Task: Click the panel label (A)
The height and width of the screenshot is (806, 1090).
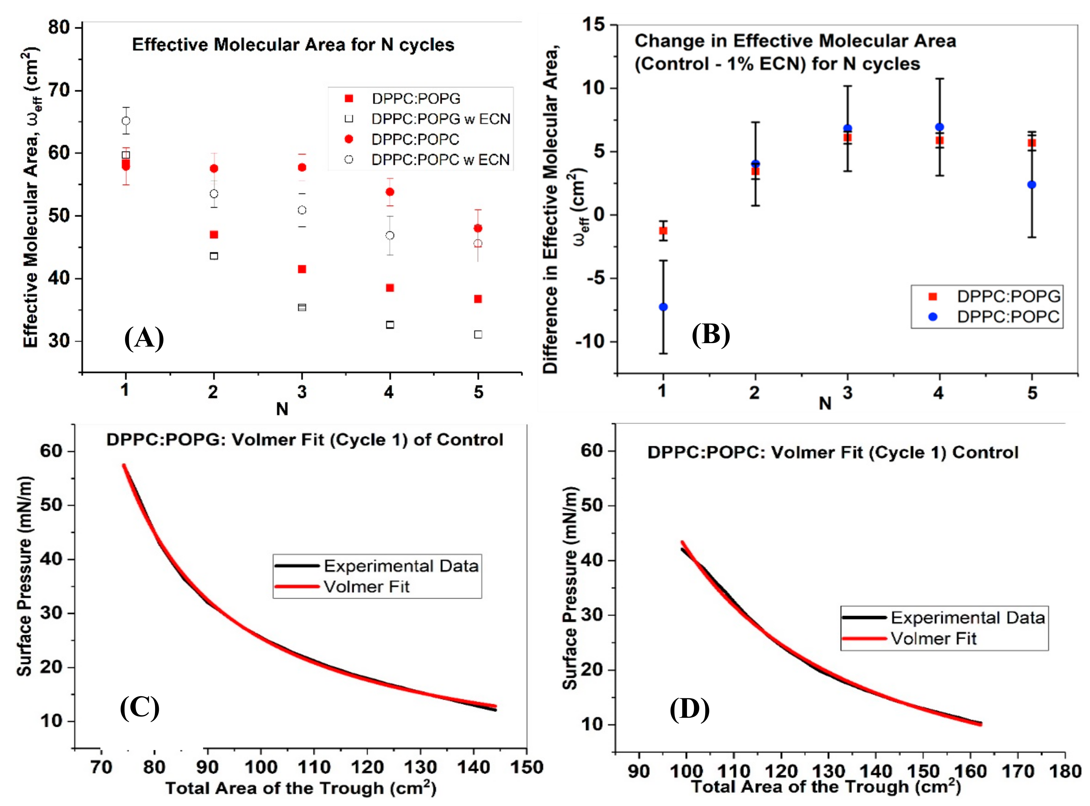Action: point(144,338)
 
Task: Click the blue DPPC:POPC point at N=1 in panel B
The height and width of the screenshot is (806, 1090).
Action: point(663,307)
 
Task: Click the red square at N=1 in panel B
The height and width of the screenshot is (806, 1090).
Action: point(663,231)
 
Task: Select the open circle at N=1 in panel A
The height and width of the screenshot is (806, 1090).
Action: point(126,120)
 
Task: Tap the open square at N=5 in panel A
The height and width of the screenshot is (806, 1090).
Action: point(478,335)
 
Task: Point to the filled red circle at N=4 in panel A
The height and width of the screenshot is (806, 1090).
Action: point(390,192)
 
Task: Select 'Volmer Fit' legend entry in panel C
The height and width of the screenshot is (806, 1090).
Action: point(366,586)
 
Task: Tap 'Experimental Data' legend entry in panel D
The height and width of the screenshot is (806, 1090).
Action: point(967,618)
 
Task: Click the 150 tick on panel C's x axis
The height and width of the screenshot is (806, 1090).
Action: point(527,767)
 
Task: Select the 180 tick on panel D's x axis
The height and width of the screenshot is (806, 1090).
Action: point(1065,771)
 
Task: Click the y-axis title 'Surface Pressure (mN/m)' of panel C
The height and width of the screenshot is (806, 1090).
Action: point(24,576)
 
